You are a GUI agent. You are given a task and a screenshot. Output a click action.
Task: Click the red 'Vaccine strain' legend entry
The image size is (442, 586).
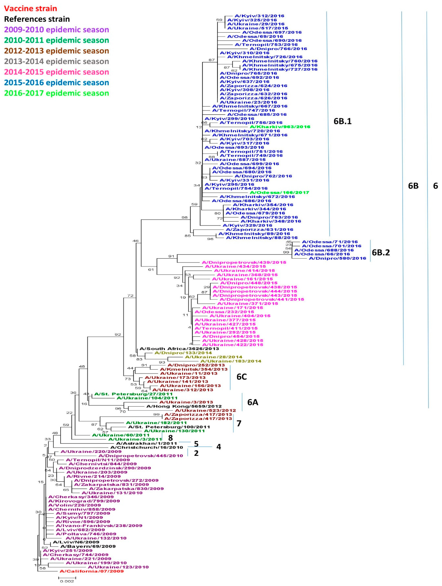click(x=30, y=9)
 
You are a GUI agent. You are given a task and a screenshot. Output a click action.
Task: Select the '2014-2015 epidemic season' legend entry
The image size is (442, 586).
click(x=56, y=72)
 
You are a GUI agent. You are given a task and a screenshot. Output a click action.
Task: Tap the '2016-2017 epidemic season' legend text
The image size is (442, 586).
click(x=56, y=93)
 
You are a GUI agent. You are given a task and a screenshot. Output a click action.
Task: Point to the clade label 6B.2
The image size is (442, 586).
click(x=381, y=253)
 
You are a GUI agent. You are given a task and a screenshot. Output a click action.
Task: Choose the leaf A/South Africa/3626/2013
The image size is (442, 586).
click(x=179, y=349)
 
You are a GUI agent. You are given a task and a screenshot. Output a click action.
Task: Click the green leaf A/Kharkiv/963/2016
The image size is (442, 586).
click(x=280, y=127)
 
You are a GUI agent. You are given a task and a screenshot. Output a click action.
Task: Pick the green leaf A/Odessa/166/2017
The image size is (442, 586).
click(x=279, y=192)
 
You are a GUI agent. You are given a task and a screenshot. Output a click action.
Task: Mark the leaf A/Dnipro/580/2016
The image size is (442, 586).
click(x=337, y=258)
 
